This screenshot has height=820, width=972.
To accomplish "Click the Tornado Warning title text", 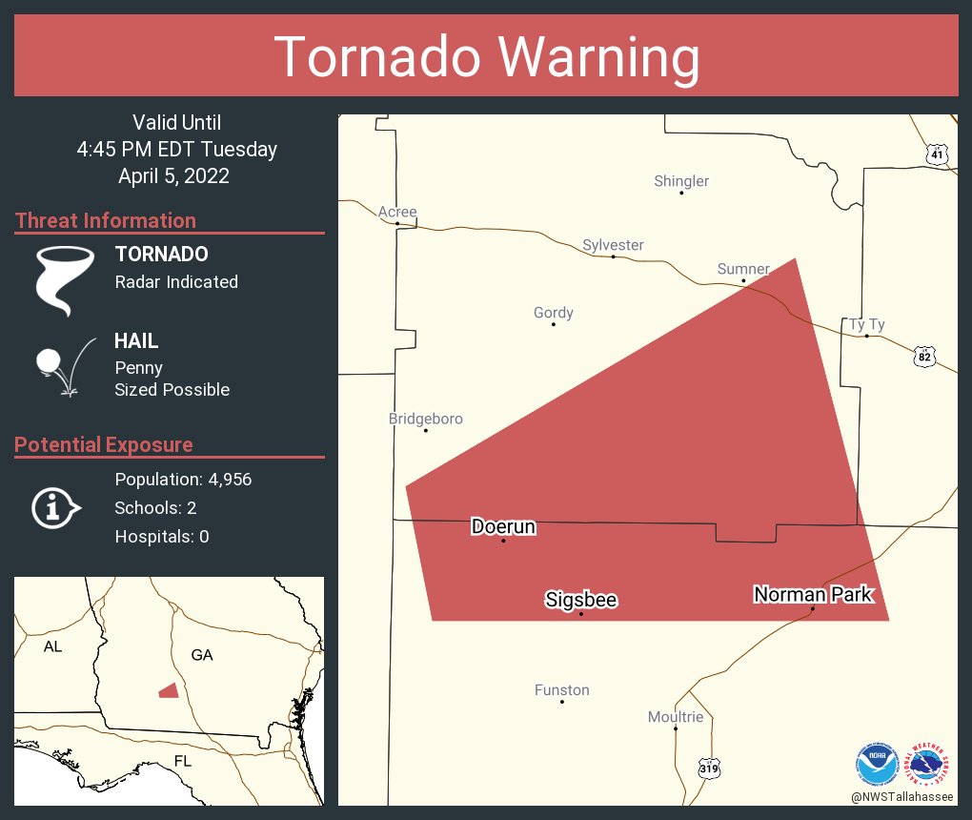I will click(x=486, y=57).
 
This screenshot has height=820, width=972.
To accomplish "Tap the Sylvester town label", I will click(x=613, y=245).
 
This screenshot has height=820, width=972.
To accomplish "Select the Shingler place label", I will click(x=680, y=181).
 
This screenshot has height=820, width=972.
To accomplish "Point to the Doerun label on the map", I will click(x=503, y=526).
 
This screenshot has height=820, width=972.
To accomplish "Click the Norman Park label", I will click(x=812, y=594).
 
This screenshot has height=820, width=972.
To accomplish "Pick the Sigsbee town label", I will click(x=580, y=600).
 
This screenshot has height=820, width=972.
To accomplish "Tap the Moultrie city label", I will click(x=675, y=716).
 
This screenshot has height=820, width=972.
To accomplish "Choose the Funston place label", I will click(x=561, y=689).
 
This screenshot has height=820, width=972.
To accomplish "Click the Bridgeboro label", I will click(x=425, y=419).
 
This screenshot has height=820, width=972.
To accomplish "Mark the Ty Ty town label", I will click(x=866, y=324).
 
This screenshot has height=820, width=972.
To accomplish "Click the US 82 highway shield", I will click(x=923, y=357).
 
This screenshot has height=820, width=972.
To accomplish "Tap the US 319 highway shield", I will click(x=708, y=767).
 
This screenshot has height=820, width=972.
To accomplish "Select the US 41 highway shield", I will click(x=938, y=154).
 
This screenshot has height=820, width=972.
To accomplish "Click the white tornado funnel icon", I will click(x=64, y=279).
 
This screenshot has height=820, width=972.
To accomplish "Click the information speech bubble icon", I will click(x=55, y=508).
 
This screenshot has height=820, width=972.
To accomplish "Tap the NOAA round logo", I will click(x=877, y=765).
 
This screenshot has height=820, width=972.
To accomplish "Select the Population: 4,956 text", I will click(x=183, y=480).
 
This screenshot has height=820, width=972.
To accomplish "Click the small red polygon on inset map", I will click(x=169, y=690).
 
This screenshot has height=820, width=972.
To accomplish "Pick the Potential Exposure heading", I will click(x=104, y=444).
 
